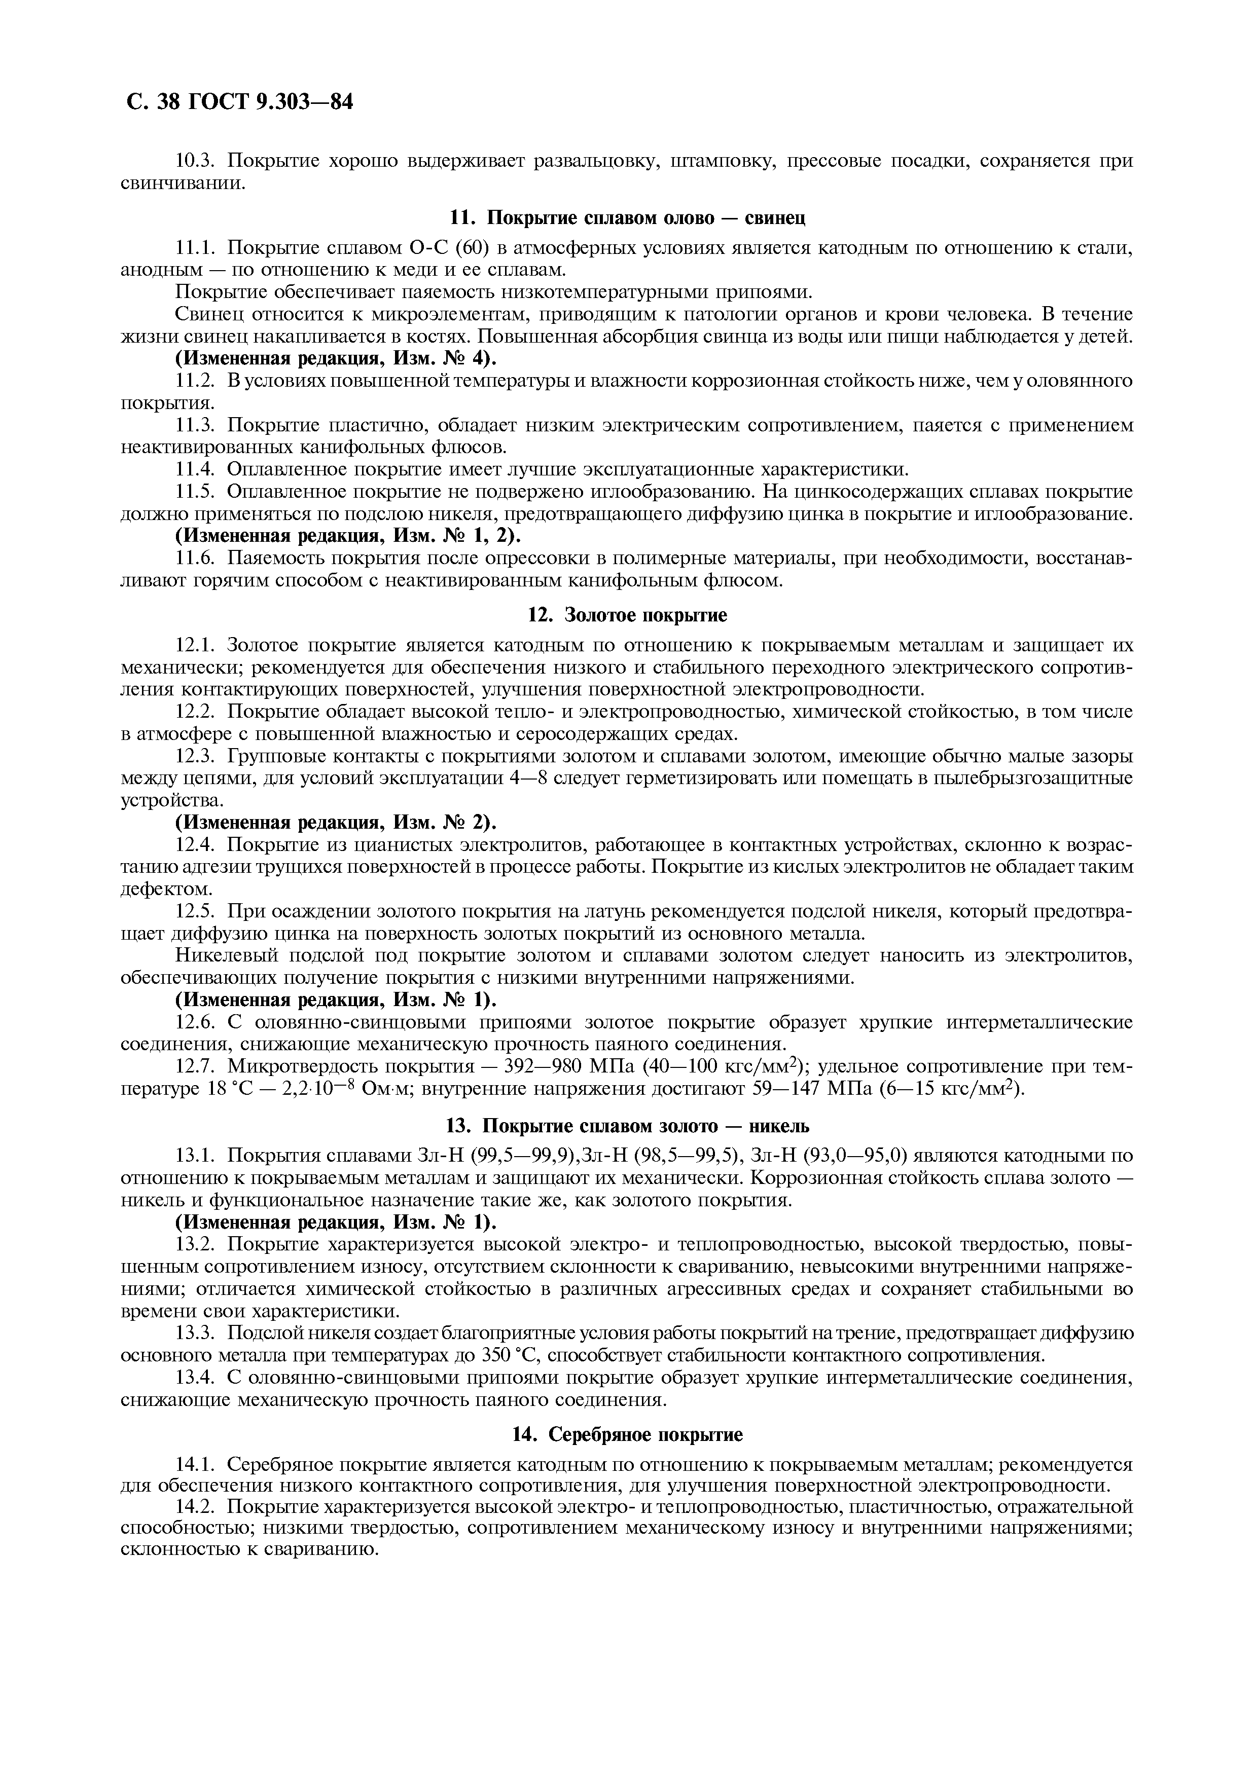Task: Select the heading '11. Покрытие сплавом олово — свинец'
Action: [x=627, y=218]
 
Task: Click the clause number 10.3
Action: [x=198, y=161]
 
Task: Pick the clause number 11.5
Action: [x=198, y=492]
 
